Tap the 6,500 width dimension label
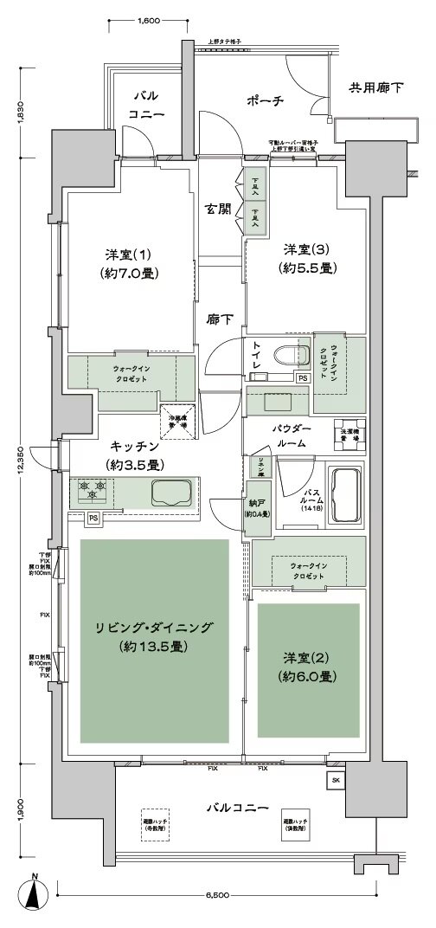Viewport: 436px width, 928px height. coord(219,895)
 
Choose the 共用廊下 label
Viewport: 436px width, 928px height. coord(375,87)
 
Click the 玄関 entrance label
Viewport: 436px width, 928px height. coord(217,209)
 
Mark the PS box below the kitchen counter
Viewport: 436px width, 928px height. coord(92,519)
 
